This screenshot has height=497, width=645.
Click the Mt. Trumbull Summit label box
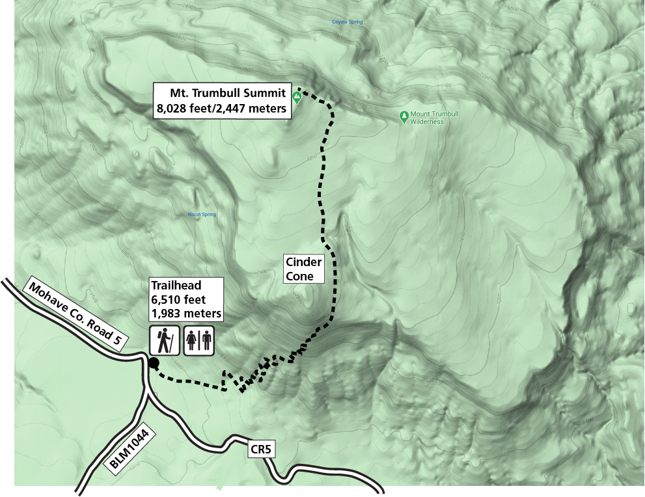coord(221,100)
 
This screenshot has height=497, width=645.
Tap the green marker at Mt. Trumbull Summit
coord(297,98)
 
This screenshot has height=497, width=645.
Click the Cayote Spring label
coord(347,22)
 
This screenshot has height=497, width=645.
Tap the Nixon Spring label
coord(201,214)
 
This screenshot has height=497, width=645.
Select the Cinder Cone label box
coord(304,269)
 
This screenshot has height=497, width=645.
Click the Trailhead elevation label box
coord(186,299)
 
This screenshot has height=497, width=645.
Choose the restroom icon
coord(199,341)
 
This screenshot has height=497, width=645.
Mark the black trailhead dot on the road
coord(154,363)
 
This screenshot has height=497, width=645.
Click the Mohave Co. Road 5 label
coord(75,314)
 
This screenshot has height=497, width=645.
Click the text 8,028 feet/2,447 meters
coord(221,109)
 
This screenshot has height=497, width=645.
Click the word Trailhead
coord(176,285)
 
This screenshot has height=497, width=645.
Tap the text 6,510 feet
coord(178,299)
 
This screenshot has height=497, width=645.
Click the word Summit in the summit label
coord(262,93)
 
